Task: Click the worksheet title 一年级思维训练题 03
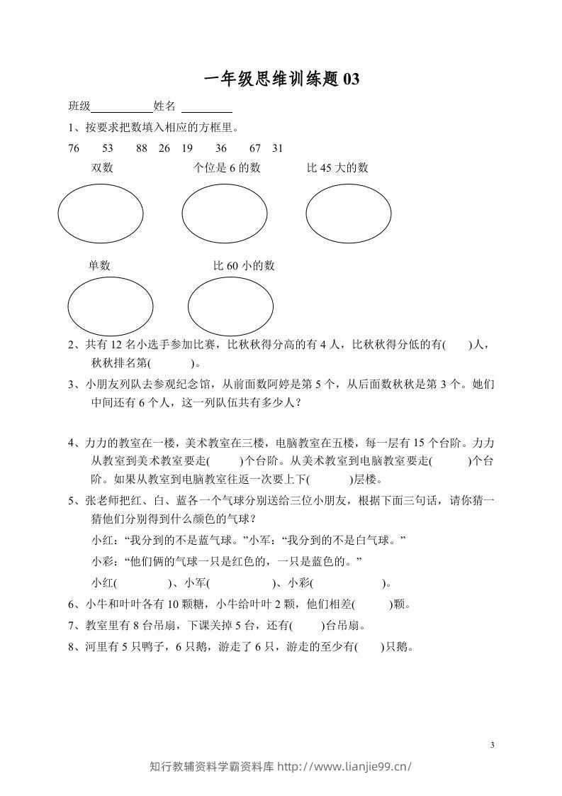click(x=281, y=79)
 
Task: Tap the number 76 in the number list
click(x=74, y=148)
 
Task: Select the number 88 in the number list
click(x=142, y=148)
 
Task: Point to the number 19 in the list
click(x=187, y=148)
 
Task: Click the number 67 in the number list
click(x=256, y=148)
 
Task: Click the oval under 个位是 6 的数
click(x=224, y=212)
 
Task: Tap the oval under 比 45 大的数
click(x=348, y=212)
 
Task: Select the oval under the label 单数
click(x=110, y=307)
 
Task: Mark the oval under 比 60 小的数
click(x=230, y=307)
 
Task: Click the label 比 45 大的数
click(x=337, y=168)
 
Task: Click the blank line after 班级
click(x=122, y=107)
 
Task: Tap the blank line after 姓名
click(x=207, y=107)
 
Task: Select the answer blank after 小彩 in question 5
click(x=347, y=584)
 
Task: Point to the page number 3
click(x=491, y=744)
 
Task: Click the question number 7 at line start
click(x=72, y=626)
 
